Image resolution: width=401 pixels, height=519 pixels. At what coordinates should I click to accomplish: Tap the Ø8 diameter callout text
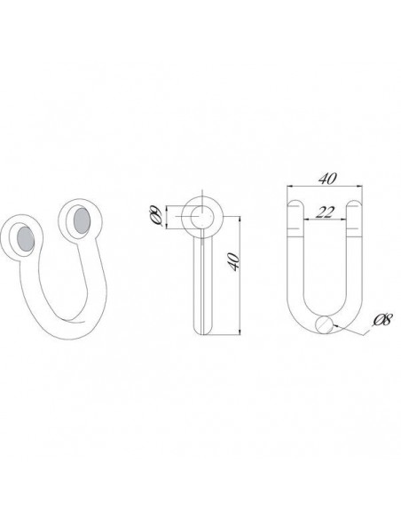382,320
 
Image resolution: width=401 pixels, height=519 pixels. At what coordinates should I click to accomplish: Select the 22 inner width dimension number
325,212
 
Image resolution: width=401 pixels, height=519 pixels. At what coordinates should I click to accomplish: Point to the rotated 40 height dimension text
233,262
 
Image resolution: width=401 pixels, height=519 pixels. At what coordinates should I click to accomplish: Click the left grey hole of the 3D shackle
26,239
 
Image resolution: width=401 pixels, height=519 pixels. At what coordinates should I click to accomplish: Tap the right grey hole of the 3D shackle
82,220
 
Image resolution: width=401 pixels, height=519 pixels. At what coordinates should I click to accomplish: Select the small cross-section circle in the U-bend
324,324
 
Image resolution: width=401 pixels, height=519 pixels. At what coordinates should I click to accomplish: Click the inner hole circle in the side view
201,217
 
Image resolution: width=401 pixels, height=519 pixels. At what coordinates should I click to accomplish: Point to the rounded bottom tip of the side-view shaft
203,332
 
